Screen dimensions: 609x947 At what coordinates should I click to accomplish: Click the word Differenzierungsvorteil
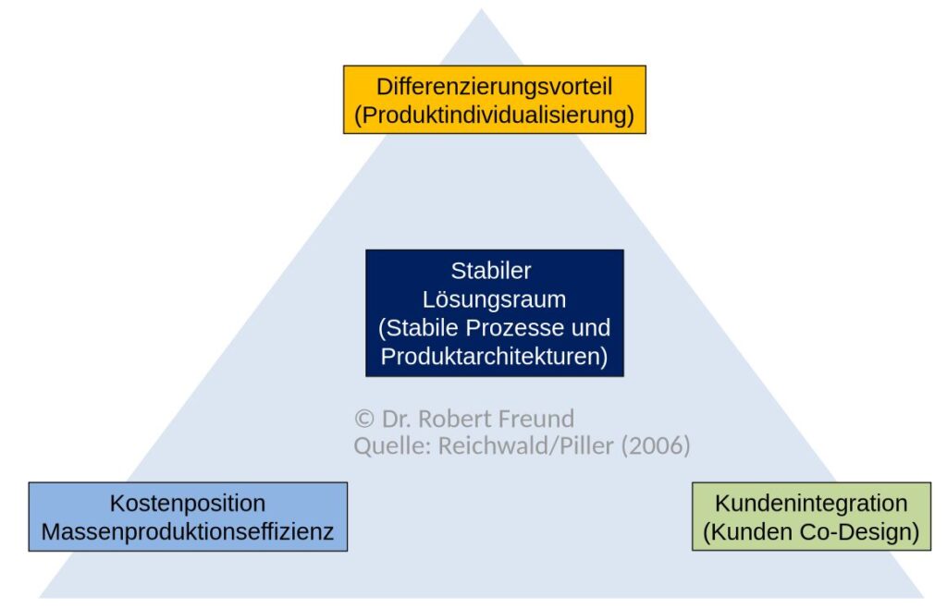(494, 87)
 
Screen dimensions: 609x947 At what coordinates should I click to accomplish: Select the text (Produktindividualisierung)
(494, 116)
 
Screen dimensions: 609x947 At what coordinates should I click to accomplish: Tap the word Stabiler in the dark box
(491, 271)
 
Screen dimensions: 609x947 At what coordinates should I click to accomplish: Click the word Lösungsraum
(494, 299)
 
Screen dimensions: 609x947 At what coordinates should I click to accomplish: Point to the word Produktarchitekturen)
(494, 357)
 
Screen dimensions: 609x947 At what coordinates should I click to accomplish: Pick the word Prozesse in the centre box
(523, 328)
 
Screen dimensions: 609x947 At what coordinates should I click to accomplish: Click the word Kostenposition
(188, 504)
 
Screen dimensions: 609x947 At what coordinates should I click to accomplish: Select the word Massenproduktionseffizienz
(188, 532)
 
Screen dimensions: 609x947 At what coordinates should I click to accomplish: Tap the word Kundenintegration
(811, 504)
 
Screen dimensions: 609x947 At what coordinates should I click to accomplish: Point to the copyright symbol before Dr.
(363, 419)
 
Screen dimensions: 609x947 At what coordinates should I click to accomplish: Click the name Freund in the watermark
(536, 419)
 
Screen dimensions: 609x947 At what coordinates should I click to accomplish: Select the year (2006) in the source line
(656, 446)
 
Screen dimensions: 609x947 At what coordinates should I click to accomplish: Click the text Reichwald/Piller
(525, 446)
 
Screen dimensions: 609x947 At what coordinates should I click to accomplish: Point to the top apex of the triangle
(481, 12)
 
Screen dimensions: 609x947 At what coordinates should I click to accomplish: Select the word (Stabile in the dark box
(415, 328)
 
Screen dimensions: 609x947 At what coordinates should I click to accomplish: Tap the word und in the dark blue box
(591, 328)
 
